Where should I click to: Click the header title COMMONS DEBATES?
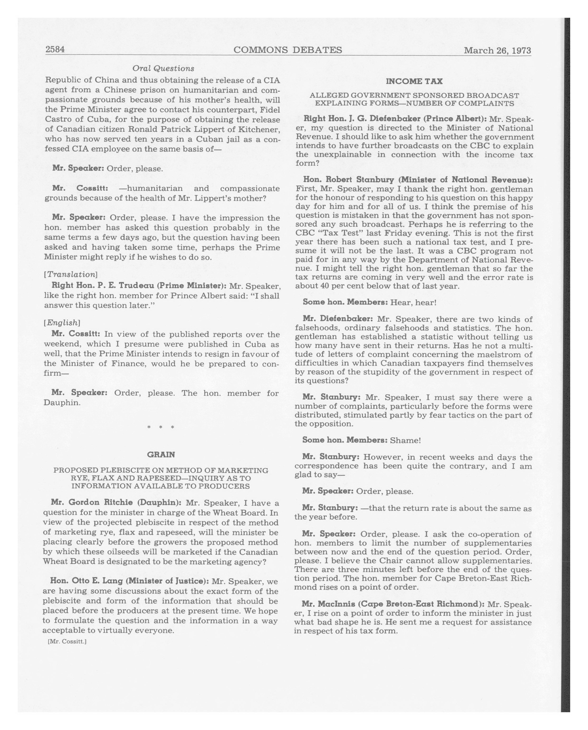[x=288, y=50]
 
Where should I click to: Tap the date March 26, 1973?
[x=497, y=51]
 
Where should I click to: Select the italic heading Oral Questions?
[x=163, y=68]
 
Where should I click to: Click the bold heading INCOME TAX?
[x=414, y=81]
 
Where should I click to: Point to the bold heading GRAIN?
[x=161, y=454]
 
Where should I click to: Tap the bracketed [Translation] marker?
[x=71, y=274]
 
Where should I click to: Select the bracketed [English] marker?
[x=62, y=322]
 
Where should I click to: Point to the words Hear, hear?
[x=413, y=302]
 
